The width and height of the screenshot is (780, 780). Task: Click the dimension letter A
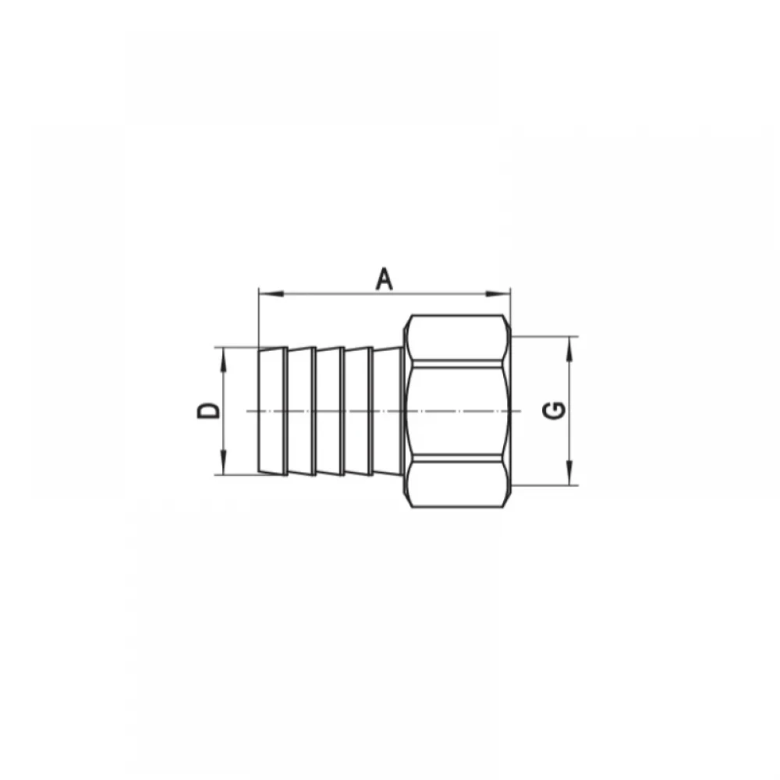tap(384, 278)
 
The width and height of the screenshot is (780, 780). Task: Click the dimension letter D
tap(208, 411)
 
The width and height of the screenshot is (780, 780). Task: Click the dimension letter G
tap(554, 410)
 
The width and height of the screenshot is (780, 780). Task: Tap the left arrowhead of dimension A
tap(271, 294)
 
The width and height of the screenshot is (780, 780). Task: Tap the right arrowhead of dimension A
tap(498, 294)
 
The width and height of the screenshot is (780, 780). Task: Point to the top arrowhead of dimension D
tap(223, 360)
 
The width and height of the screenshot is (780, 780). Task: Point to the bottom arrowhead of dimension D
tap(223, 463)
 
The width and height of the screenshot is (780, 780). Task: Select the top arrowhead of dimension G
tap(569, 349)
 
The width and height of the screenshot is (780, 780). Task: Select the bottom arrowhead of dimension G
tap(569, 473)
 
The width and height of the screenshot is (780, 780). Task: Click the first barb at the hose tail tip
tap(272, 411)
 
